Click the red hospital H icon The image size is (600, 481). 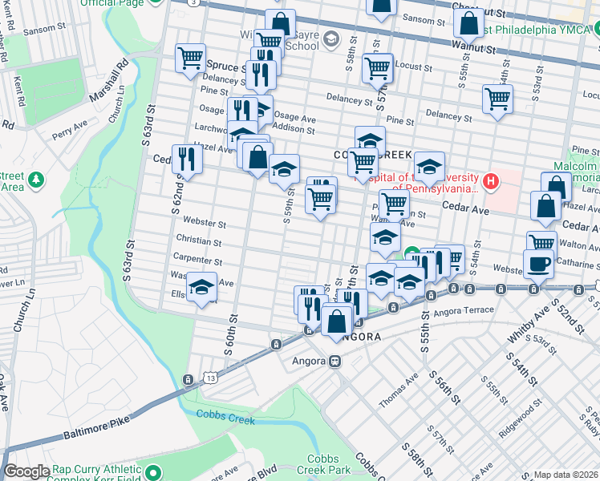(489, 182)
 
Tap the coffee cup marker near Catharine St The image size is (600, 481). (538, 265)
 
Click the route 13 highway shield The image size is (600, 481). (210, 378)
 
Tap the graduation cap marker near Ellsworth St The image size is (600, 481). (202, 287)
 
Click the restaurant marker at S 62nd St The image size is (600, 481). (186, 159)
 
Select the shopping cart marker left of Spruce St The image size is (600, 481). (191, 59)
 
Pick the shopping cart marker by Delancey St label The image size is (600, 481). (497, 99)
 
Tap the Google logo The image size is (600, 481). (26, 472)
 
